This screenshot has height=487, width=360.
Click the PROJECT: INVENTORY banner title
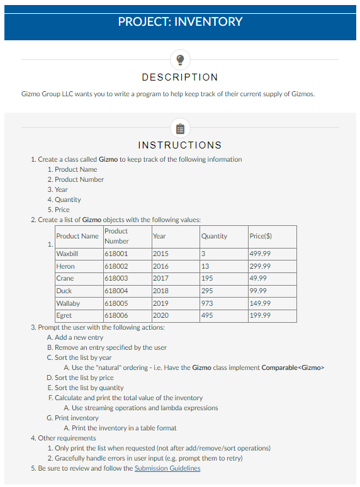click(x=180, y=21)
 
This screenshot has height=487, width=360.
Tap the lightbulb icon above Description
click(x=180, y=59)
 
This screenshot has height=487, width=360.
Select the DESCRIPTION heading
click(x=180, y=77)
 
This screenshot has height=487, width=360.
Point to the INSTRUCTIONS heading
click(x=180, y=145)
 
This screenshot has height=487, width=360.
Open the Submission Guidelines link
click(x=167, y=468)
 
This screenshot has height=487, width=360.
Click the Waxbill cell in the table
click(x=66, y=254)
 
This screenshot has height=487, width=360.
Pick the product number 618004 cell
click(x=116, y=291)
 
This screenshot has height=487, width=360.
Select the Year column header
click(x=159, y=236)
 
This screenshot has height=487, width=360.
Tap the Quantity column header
click(x=214, y=236)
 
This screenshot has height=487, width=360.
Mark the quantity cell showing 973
click(x=207, y=303)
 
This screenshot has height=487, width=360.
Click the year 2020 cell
click(x=160, y=315)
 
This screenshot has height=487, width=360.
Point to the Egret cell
click(x=64, y=315)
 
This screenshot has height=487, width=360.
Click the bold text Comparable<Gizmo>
click(x=292, y=367)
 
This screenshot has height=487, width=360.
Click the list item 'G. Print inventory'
click(x=72, y=418)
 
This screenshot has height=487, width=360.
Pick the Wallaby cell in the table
click(x=67, y=303)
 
